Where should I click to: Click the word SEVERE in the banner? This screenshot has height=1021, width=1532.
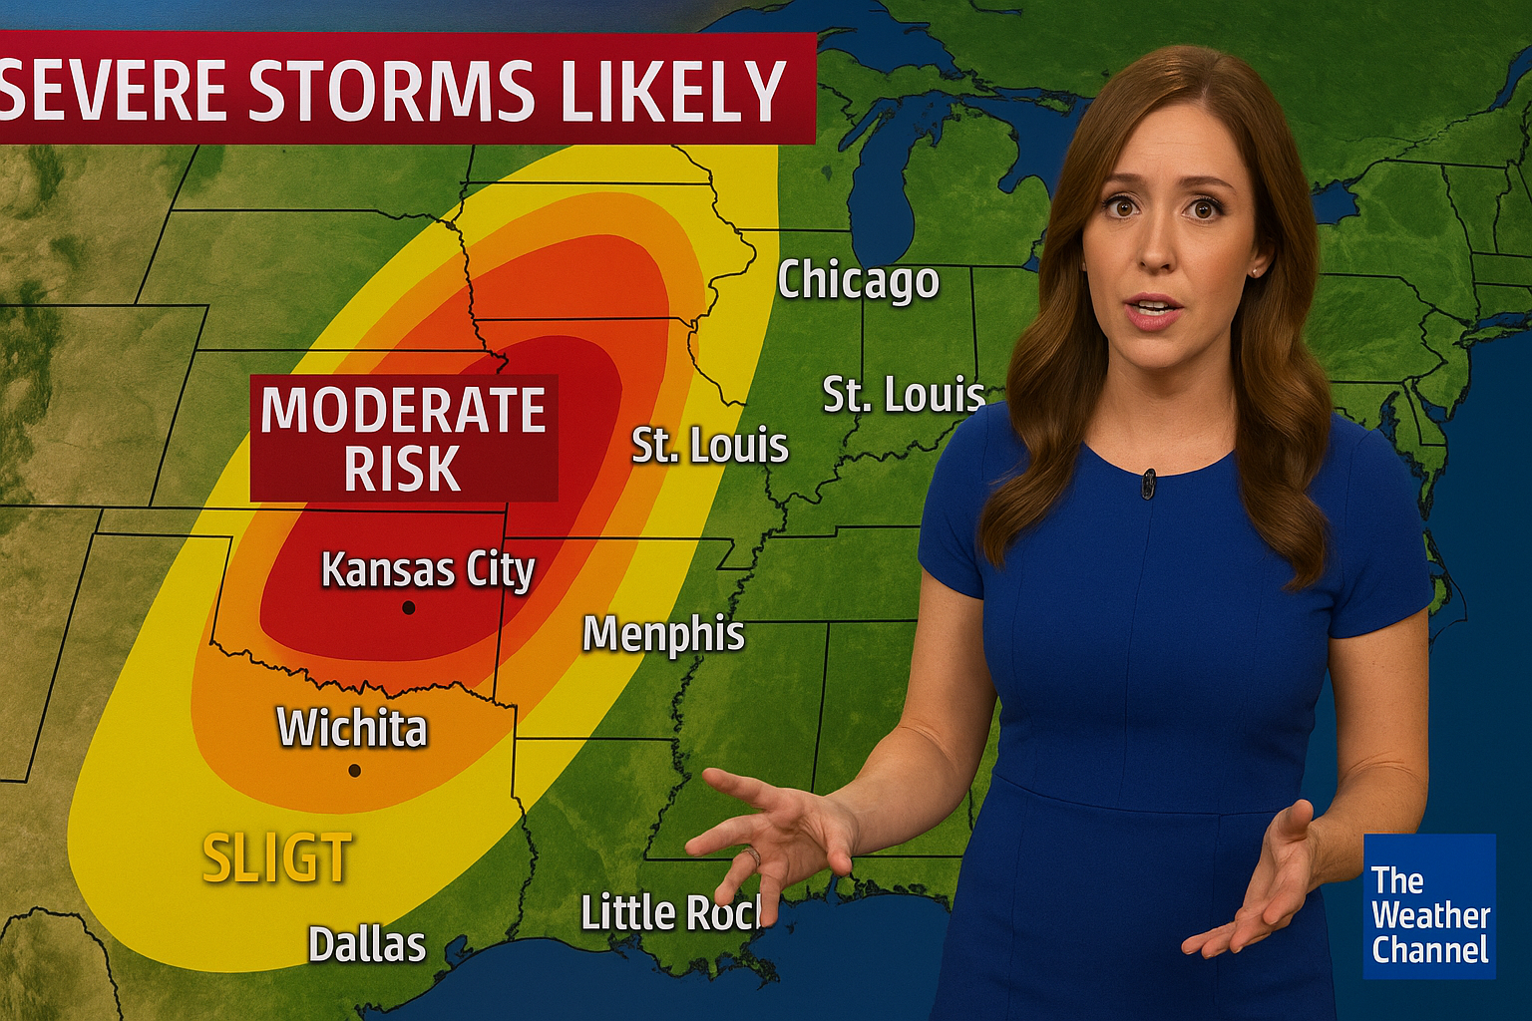(x=118, y=90)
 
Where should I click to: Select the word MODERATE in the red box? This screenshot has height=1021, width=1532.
(x=403, y=410)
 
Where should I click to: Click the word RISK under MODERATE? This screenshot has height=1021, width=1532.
(x=402, y=468)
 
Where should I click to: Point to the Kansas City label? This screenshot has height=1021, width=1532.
(x=428, y=570)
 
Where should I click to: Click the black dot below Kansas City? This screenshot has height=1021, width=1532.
(x=408, y=607)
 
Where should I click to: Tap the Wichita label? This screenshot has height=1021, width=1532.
(x=352, y=728)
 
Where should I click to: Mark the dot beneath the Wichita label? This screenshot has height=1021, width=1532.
(x=354, y=770)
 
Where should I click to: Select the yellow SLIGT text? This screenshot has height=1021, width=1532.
(x=277, y=858)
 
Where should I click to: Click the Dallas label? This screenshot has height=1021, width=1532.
(x=367, y=944)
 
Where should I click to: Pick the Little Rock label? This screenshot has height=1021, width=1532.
(x=671, y=912)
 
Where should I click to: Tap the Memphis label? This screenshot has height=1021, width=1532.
(x=663, y=634)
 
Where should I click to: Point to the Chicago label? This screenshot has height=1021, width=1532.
(x=858, y=281)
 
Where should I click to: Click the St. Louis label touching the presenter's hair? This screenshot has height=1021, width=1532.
(x=903, y=396)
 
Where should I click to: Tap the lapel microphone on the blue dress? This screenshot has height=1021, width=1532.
(x=1149, y=484)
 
